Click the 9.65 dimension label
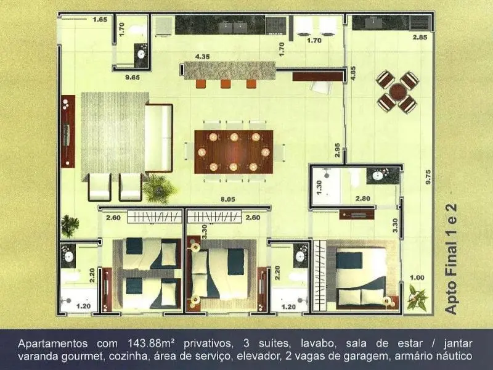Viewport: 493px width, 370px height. click(132, 77)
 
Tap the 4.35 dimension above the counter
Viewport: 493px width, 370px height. click(202, 57)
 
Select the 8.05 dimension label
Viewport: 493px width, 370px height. click(227, 199)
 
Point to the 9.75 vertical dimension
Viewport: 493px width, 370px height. click(428, 177)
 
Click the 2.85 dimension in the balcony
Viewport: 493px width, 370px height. click(420, 37)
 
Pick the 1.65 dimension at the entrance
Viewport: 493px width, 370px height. click(100, 20)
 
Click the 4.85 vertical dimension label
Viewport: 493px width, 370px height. click(352, 73)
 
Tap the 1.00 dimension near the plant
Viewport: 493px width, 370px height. click(417, 277)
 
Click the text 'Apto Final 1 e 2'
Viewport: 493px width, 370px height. click(451, 259)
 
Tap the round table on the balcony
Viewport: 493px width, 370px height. click(397, 91)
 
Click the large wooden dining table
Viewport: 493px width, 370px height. click(234, 152)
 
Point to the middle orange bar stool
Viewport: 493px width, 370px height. click(225, 84)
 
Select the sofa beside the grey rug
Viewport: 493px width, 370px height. click(159, 138)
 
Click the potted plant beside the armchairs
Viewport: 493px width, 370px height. click(159, 189)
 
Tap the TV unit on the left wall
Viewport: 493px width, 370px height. click(68, 131)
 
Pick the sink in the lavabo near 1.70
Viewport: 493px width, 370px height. click(141, 54)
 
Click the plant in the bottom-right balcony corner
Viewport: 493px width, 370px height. click(417, 297)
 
